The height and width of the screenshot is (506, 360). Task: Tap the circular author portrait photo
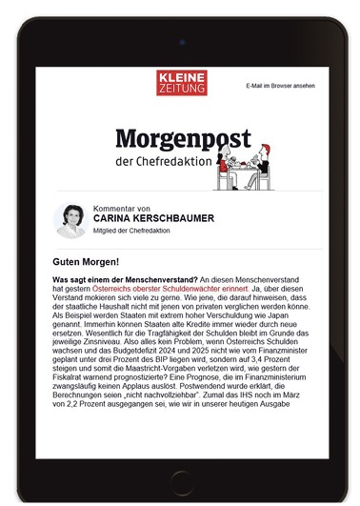click(70, 220)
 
